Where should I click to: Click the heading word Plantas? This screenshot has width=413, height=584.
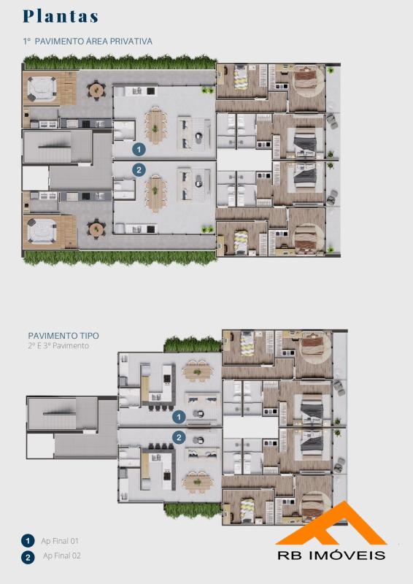[x=61, y=16]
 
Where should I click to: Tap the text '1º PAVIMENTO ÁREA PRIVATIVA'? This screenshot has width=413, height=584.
[x=88, y=42]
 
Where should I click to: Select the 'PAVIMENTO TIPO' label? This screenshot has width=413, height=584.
[x=63, y=336]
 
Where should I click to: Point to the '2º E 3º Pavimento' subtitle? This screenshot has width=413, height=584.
[x=58, y=345]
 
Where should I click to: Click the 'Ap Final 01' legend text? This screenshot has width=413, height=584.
[x=60, y=541]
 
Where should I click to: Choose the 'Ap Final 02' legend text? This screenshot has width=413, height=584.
[x=62, y=556]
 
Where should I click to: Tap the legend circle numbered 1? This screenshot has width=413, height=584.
[x=28, y=541]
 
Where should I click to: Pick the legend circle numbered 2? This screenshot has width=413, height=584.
[x=28, y=558]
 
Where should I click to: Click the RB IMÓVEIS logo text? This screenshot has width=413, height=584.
[x=331, y=555]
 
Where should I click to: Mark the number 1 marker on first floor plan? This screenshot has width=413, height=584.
[x=139, y=150]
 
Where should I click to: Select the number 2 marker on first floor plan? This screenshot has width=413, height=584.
[x=139, y=170]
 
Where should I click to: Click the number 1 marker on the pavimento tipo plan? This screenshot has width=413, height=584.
[x=179, y=417]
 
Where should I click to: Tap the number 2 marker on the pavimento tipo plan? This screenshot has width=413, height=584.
[x=179, y=437]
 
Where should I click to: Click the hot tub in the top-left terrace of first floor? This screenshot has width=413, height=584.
[x=42, y=89]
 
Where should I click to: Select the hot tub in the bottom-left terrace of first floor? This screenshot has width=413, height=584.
[x=42, y=231]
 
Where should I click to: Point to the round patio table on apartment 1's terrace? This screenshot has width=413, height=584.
[x=96, y=90]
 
